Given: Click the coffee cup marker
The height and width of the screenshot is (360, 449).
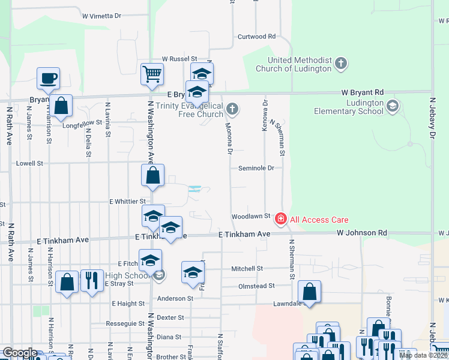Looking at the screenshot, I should [x=48, y=78].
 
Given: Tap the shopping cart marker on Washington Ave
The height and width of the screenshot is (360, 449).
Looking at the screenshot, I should [x=152, y=74].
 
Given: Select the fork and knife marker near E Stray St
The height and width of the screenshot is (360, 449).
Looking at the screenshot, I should [x=92, y=280].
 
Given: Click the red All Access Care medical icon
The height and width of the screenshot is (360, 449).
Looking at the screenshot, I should [x=280, y=220].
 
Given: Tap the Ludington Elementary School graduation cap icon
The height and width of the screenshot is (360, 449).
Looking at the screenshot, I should [x=392, y=107].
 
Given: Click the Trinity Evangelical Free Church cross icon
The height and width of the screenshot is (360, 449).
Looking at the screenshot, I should [x=232, y=109].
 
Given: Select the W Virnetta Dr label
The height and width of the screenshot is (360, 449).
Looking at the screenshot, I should [x=101, y=16].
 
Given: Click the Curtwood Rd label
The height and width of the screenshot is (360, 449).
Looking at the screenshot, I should [x=256, y=37].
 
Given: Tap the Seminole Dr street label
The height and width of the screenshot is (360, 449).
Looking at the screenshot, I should [x=256, y=168].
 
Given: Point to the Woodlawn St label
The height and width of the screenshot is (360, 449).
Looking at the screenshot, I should [x=248, y=216].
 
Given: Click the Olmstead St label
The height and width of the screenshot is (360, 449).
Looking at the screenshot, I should [x=256, y=286].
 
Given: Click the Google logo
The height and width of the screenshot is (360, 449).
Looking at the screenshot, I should [x=20, y=352].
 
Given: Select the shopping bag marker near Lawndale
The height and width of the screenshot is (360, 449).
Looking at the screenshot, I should [x=309, y=292].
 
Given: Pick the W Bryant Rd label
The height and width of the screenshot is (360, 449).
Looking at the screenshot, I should [x=362, y=92].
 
